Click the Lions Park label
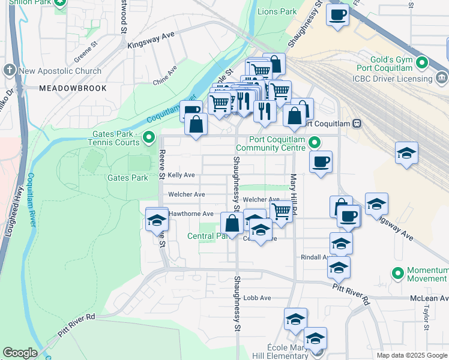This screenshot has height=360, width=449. point(277,11)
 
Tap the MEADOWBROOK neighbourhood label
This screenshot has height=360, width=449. point(73,88)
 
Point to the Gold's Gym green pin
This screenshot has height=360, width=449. point(421,62)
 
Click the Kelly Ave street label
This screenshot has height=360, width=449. point(181,175)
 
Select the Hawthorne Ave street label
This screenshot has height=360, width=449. point(191,214)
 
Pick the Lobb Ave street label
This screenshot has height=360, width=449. point(258,298)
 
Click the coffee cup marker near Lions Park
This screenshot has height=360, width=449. point(337,14)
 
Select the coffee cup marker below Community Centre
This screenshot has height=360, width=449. point(321,161)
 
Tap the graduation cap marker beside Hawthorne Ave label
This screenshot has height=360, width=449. point(157,220)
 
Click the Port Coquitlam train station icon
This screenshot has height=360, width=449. point(357,124)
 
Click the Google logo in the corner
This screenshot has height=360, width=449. point(20,353)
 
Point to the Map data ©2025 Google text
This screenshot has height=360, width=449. point(411,355)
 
